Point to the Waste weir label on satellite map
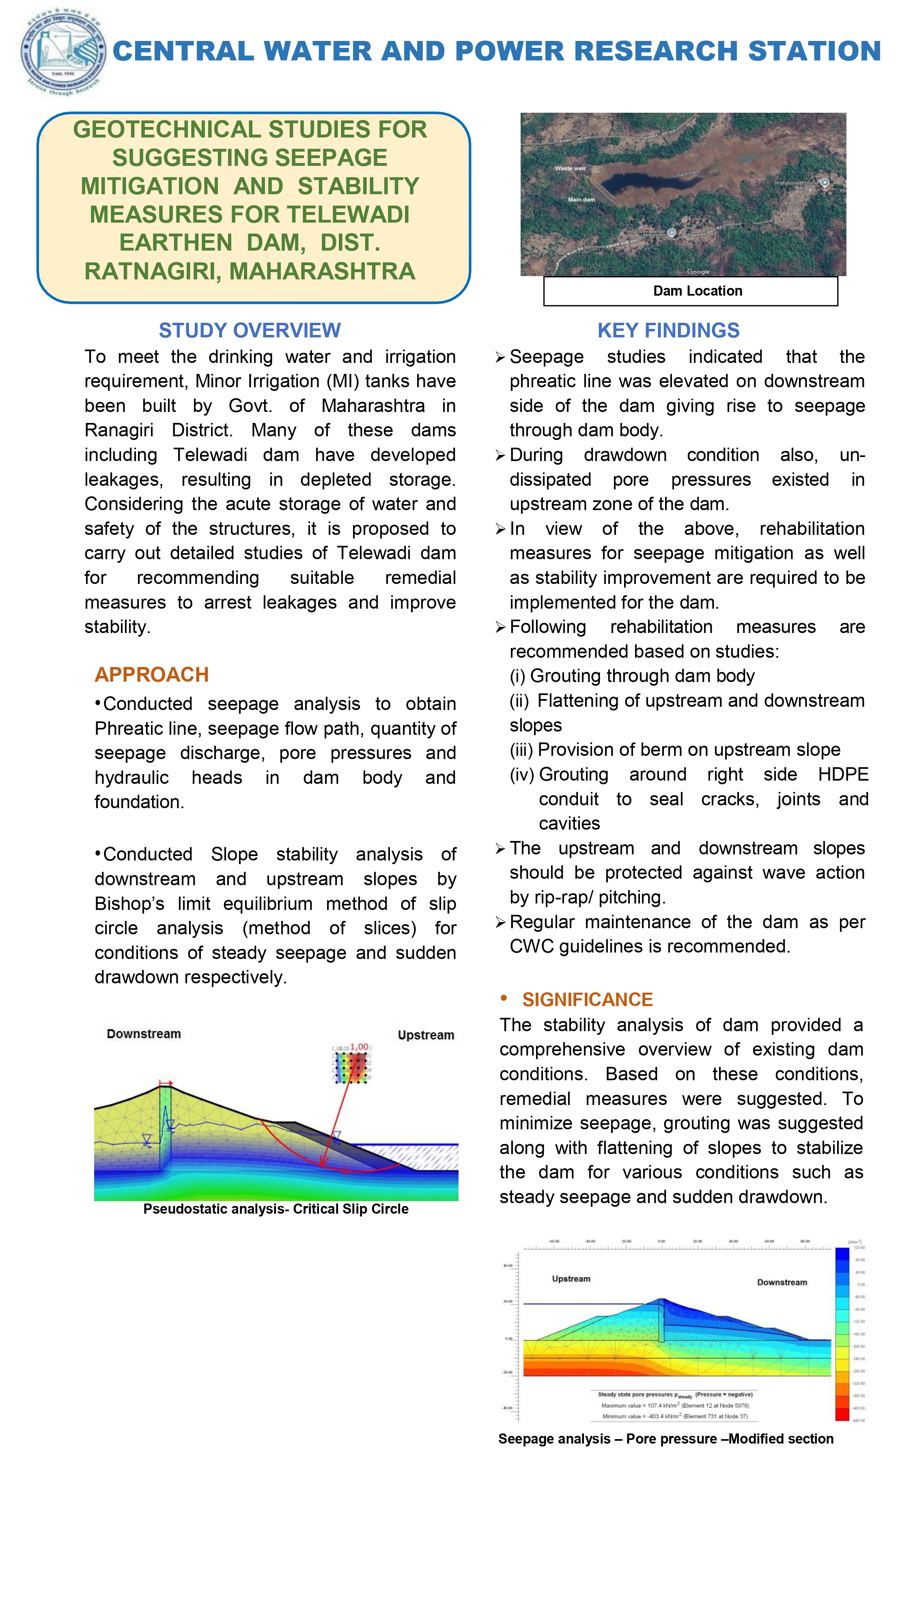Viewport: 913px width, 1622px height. point(570,168)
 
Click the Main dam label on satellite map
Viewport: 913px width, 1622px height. point(581,200)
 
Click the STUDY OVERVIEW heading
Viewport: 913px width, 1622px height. point(250,330)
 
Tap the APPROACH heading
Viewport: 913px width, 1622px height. point(151,674)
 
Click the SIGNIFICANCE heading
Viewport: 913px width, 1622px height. point(587,999)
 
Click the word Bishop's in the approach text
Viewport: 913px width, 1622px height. point(129,903)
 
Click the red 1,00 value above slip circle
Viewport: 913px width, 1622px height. point(359,1047)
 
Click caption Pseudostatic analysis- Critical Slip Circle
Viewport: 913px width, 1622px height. point(276,1209)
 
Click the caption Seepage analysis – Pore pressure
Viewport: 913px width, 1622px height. point(665,1439)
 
